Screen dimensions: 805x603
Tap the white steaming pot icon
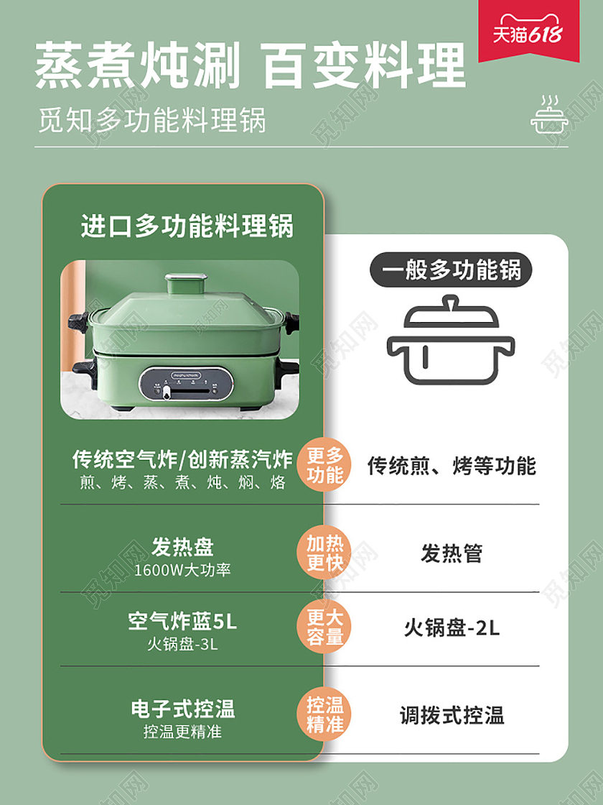550,115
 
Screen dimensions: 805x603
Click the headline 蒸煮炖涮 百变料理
251,65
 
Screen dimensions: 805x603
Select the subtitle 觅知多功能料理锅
151,119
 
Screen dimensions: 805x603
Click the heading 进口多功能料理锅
187,226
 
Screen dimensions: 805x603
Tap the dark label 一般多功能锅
451,270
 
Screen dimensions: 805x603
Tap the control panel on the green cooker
186,383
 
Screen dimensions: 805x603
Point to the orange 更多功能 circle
324,465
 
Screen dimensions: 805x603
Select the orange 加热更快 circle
324,553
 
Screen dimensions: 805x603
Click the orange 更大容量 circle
324,627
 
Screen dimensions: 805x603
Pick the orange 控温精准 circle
324,714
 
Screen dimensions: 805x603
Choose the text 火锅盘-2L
452,627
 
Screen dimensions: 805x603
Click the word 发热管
452,553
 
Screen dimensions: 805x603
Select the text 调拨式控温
452,715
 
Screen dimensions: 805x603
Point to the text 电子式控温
182,709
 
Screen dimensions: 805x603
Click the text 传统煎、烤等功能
452,466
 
